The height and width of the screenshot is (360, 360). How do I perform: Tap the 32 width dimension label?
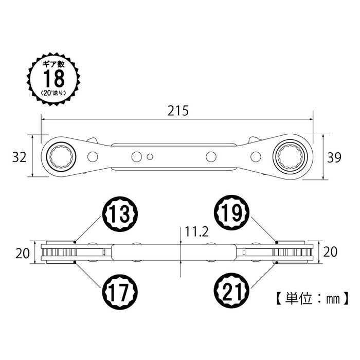(x=19, y=157)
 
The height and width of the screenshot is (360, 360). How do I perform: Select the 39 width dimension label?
(x=334, y=157)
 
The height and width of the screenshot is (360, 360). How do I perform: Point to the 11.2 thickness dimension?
(x=196, y=232)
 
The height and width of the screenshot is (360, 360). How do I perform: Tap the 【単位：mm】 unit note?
(x=309, y=297)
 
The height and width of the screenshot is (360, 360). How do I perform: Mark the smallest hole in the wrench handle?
(x=150, y=156)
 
